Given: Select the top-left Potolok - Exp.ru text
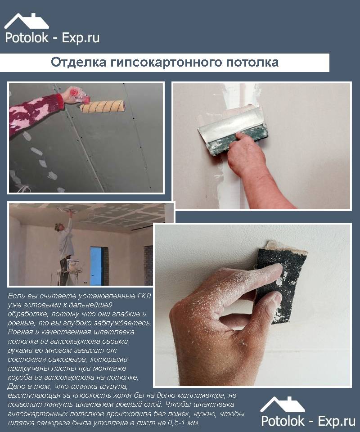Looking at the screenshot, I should tap(52, 38).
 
